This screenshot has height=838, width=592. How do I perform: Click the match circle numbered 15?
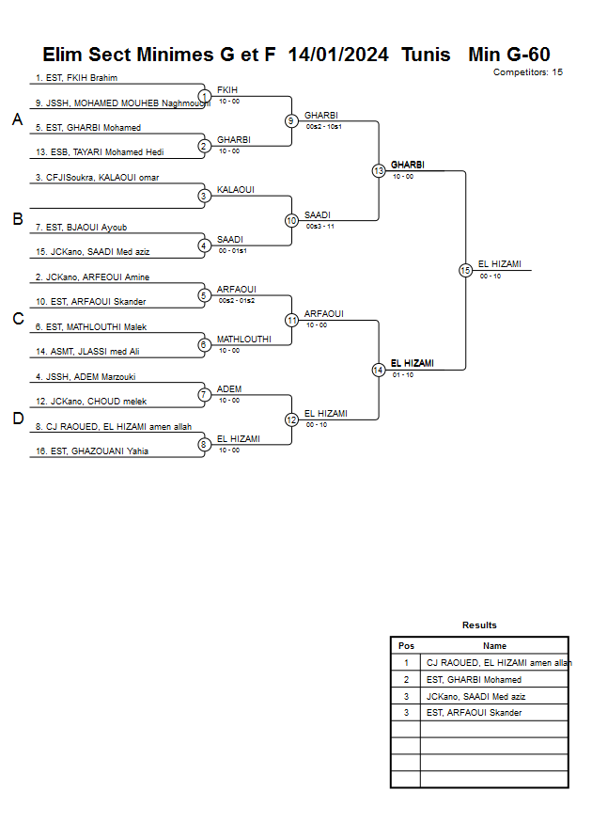pos(465,271)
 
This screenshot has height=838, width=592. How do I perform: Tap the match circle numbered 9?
pos(291,120)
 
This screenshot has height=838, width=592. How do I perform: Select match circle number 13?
pos(379,171)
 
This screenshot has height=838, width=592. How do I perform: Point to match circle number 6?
pos(204,345)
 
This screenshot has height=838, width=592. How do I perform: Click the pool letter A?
pos(17,119)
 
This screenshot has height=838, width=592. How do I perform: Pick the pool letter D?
pos(17,419)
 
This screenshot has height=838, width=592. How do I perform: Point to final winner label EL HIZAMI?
pos(499,264)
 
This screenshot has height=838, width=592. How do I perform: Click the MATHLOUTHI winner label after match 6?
pos(243,339)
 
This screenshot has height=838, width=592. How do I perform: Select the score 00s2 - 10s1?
pos(324,126)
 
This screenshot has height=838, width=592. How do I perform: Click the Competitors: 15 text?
pos(527,71)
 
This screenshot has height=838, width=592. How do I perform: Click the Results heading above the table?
pos(479,625)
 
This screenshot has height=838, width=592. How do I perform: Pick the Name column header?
pos(494,646)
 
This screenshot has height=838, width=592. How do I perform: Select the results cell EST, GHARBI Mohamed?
pos(474,679)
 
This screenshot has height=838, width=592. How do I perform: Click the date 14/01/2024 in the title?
pos(338,55)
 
